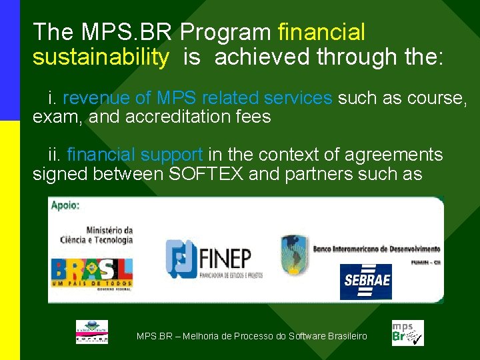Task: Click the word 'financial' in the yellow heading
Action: [321, 31]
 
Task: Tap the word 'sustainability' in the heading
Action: [101, 57]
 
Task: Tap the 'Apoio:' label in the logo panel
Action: [65, 205]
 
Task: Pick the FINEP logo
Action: [213, 259]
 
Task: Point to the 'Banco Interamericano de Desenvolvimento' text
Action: [377, 249]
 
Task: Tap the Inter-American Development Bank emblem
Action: [294, 254]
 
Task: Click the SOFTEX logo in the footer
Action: [91, 332]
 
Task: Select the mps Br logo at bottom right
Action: [407, 332]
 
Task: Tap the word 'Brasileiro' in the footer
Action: [347, 336]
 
